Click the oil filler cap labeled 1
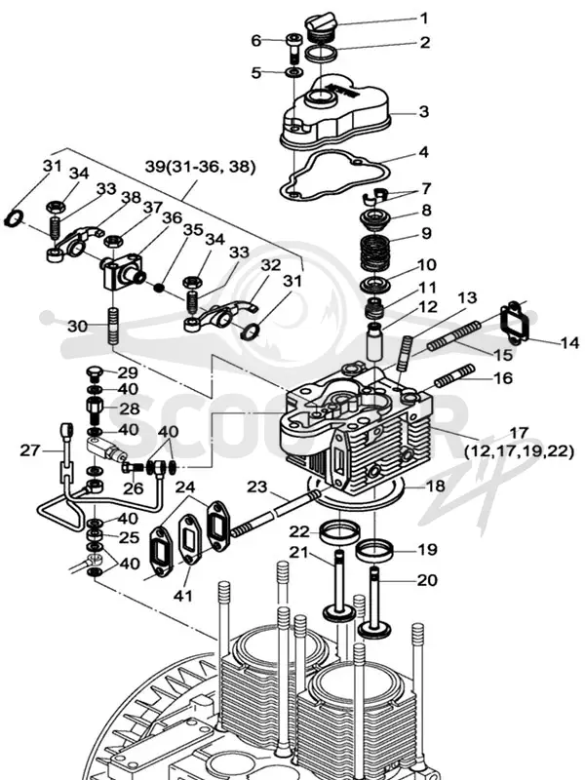click(321, 28)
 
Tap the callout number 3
click(423, 111)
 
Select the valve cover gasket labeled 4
click(332, 176)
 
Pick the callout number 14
click(569, 343)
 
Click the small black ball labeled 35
click(158, 288)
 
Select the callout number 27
click(29, 450)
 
